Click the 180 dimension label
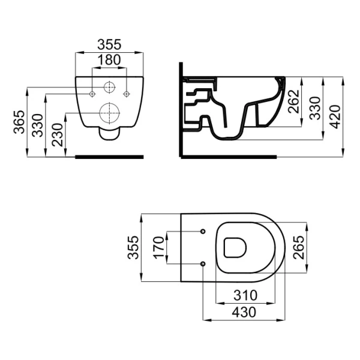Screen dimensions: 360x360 pos(109,60)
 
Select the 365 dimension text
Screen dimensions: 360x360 pos(19,122)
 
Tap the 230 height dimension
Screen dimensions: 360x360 pos(57,135)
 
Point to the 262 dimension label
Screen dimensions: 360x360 pos(293,101)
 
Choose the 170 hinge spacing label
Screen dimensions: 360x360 pos(159,248)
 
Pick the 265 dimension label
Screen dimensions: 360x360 pos(298,247)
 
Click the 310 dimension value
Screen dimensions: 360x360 pos(245,295)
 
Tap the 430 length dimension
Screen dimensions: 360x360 pos(244,312)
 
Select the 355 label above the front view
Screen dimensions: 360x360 pos(109,44)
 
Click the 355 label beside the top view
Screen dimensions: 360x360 pos(133,247)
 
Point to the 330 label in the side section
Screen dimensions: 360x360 pos(314,108)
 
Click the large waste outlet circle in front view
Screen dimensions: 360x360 pos(110,113)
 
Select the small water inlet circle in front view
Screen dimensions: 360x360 pos(110,87)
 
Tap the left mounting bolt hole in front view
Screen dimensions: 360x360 pos(92,94)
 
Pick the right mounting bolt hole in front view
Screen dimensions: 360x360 pos(127,94)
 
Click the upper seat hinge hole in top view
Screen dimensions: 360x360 pos(203,231)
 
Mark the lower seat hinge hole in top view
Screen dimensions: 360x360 pos(203,264)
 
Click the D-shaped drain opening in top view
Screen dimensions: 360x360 pos(235,248)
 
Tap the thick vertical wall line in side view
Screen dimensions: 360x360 pos(181,110)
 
